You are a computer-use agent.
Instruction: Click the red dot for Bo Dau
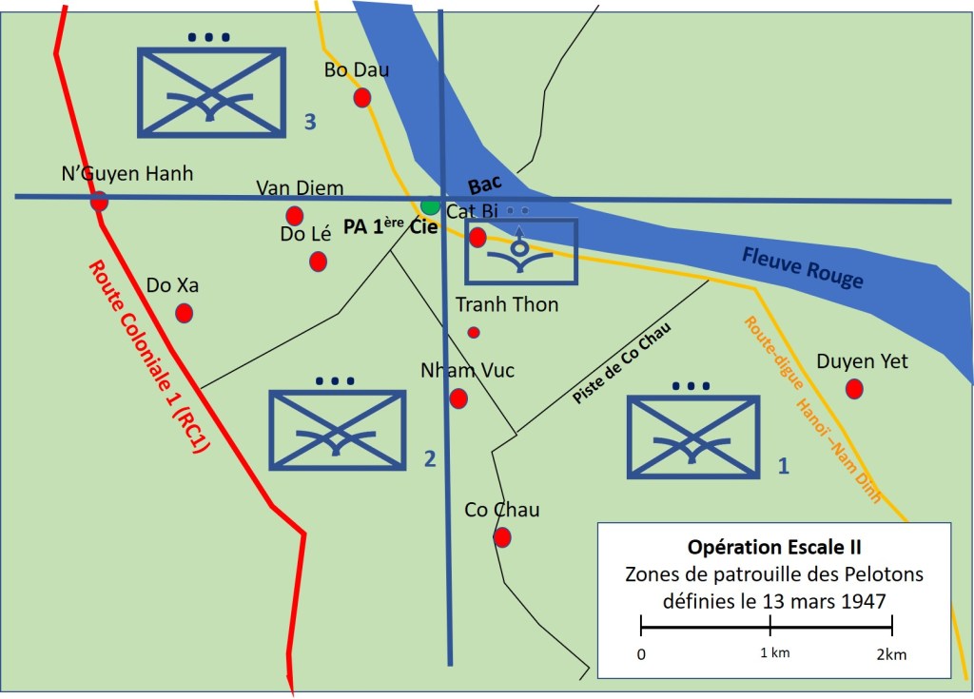tap(361, 97)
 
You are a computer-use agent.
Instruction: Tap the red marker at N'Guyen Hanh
tap(99, 202)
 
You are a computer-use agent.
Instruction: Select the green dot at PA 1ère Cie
tap(430, 205)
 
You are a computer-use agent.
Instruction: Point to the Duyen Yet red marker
tap(854, 388)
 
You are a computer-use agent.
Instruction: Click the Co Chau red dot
tap(502, 537)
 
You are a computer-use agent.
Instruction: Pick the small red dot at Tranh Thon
tap(474, 332)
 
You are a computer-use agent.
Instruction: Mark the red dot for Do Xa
tap(185, 312)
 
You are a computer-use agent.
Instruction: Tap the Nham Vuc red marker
tap(458, 398)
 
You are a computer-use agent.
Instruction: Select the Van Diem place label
tap(300, 187)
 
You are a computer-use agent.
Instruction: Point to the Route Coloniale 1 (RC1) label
tap(148, 358)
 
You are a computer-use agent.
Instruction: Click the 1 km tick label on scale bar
tap(774, 652)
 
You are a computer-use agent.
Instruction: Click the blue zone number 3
tap(310, 121)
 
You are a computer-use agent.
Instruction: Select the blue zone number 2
tap(429, 459)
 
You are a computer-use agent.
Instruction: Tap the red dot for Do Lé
tap(318, 261)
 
